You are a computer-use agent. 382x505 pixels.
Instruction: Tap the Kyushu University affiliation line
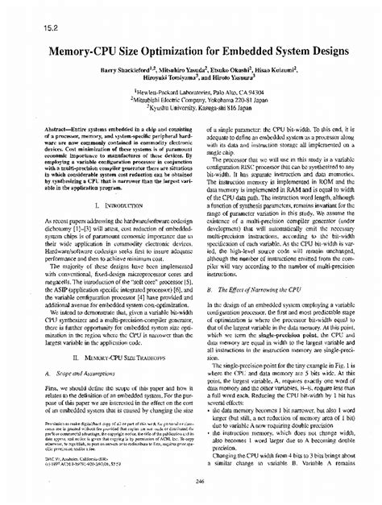point(191,110)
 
